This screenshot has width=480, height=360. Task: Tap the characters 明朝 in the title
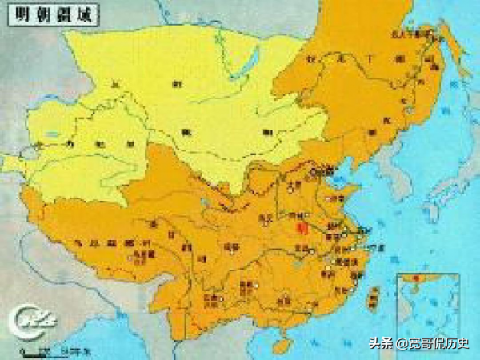(26, 17)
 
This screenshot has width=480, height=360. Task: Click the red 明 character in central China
(300, 228)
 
